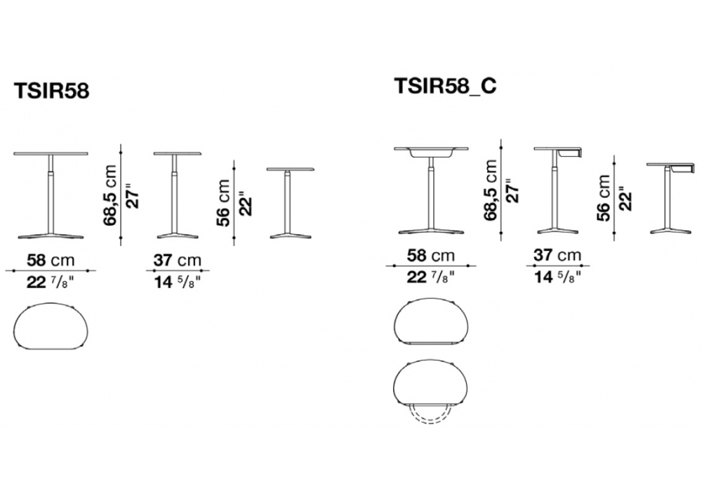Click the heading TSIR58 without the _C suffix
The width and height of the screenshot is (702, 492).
tap(52, 91)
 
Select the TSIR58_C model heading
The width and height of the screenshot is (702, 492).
tap(445, 86)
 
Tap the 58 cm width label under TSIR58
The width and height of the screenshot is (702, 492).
tap(51, 260)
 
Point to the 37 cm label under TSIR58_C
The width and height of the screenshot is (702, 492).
tap(557, 255)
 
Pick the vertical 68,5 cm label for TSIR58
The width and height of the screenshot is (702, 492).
tap(110, 195)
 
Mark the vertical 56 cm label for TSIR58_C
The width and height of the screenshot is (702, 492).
tap(604, 198)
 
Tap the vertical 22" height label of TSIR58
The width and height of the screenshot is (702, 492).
tap(245, 204)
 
